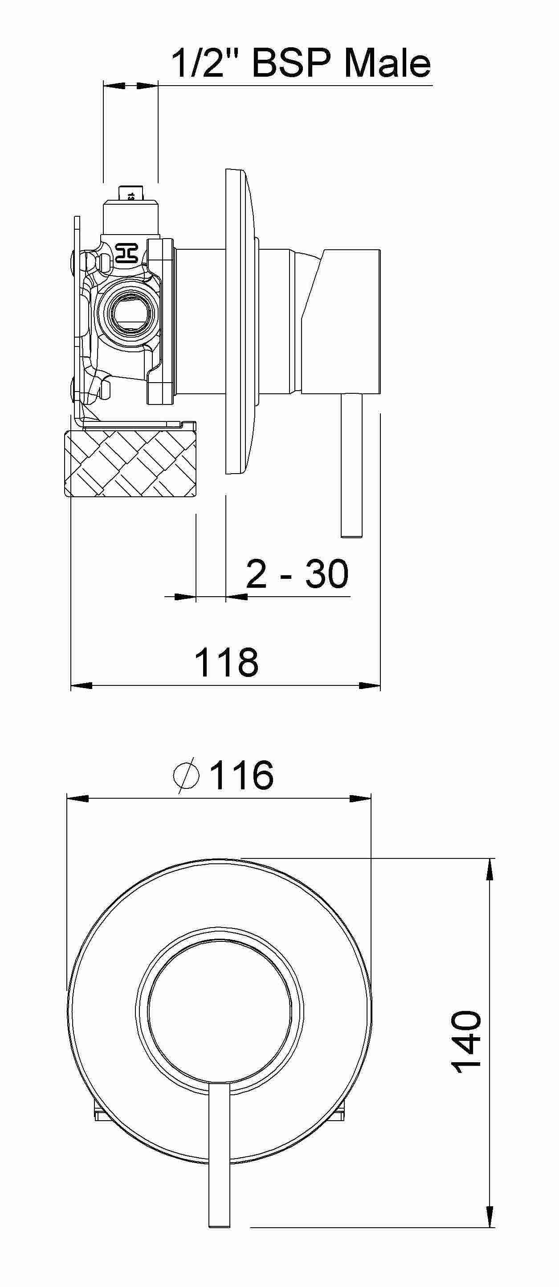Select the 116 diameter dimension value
[241, 775]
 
